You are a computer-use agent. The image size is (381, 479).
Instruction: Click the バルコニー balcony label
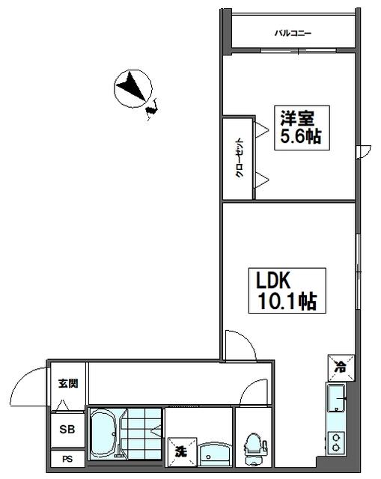coord(293,33)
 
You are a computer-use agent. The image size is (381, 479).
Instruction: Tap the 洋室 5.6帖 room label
coord(302,128)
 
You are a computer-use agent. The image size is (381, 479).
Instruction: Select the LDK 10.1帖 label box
coord(287,290)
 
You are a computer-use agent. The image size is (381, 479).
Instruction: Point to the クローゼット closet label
coord(240,158)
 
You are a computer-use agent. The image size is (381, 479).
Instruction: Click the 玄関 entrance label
coord(68,383)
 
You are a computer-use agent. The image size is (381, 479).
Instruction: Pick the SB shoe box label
coord(67,430)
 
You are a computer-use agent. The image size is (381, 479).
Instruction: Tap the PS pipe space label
coord(67,459)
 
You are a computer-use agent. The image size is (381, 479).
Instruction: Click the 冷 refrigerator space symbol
coord(341,367)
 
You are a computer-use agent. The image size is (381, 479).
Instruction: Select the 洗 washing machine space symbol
coord(182,452)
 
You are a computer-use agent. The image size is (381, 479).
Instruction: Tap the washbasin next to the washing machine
coord(215,454)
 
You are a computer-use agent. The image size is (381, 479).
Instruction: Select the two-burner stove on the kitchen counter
coord(336,442)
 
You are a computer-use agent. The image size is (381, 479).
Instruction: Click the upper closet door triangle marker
coord(261,129)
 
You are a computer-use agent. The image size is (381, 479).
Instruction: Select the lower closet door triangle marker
coord(261,180)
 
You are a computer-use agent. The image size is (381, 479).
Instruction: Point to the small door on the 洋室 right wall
coord(364,152)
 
